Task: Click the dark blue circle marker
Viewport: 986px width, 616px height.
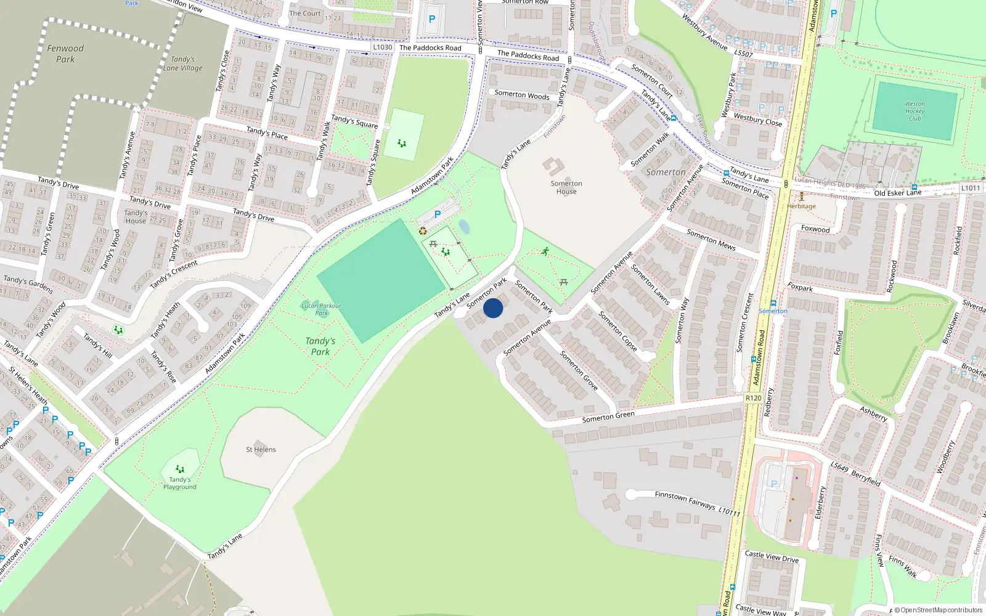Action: point(493,308)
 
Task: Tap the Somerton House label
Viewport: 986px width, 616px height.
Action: point(566,187)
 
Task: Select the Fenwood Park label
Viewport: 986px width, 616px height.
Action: point(65,54)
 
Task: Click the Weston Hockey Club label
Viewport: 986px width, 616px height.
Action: point(915,111)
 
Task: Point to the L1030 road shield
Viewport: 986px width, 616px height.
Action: point(383,47)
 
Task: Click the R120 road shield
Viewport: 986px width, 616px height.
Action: point(753,398)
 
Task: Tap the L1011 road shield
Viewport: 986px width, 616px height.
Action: point(971,188)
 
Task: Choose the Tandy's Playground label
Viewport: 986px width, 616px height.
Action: point(180,483)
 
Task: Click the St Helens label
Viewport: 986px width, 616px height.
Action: point(261,450)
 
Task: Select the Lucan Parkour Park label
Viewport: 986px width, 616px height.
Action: point(321,309)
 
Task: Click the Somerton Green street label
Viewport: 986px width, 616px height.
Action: point(608,417)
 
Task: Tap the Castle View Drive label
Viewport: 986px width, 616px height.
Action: point(772,557)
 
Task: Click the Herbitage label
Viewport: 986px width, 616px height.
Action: point(801,206)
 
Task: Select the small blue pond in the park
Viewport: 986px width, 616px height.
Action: point(464,227)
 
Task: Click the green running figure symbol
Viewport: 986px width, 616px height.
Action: point(545,251)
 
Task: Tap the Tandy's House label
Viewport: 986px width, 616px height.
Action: point(136,217)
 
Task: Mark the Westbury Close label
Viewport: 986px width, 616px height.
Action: point(758,120)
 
